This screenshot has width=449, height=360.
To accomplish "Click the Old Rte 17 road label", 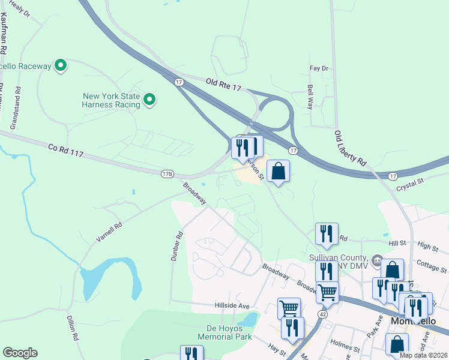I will click(x=223, y=84).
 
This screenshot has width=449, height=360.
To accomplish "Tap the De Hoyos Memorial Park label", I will click(x=228, y=332).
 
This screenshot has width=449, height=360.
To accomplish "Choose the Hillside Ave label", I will click(x=232, y=305).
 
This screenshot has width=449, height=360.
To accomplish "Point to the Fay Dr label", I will click(x=319, y=68).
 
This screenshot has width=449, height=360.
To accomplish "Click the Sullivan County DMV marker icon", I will click(x=377, y=260).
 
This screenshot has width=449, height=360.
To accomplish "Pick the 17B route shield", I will click(x=167, y=174).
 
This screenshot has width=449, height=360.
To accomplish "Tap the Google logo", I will click(x=20, y=353).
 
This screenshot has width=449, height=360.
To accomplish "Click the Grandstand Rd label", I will click(x=19, y=109).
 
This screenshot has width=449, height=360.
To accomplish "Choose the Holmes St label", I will click(x=348, y=346).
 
